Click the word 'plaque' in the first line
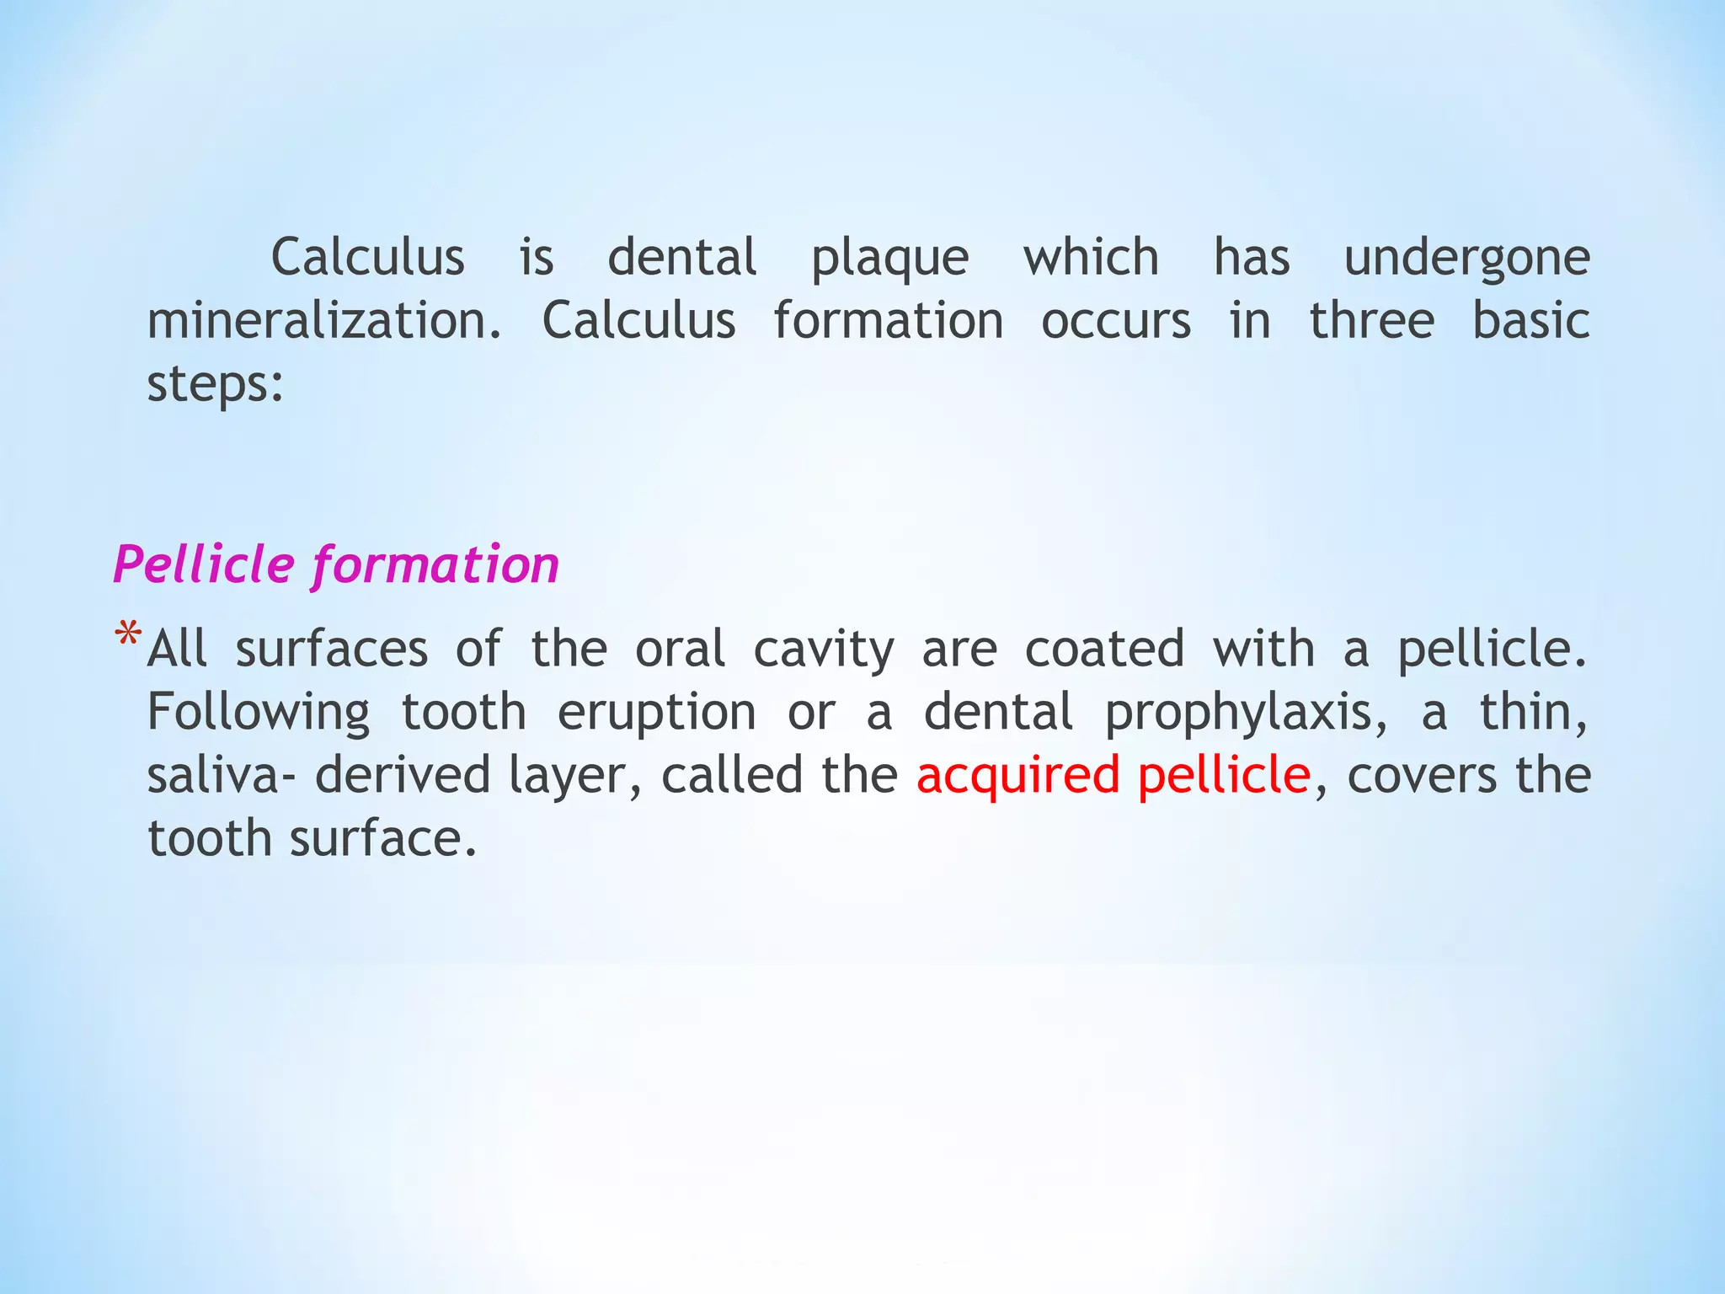click(889, 259)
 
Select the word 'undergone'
click(1466, 259)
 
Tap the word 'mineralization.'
click(324, 321)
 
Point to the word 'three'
click(1371, 321)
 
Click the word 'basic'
click(1530, 321)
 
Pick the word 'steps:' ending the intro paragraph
click(216, 384)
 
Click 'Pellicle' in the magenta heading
click(204, 564)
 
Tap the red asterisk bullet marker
click(128, 635)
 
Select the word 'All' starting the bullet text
click(177, 650)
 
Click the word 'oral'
click(680, 650)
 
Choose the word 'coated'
click(1104, 650)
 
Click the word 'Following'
click(259, 714)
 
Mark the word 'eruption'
click(657, 714)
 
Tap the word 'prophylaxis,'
click(1246, 714)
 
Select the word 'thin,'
click(1534, 713)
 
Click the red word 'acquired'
click(1017, 777)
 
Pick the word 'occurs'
click(1116, 321)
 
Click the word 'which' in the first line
click(1091, 257)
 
